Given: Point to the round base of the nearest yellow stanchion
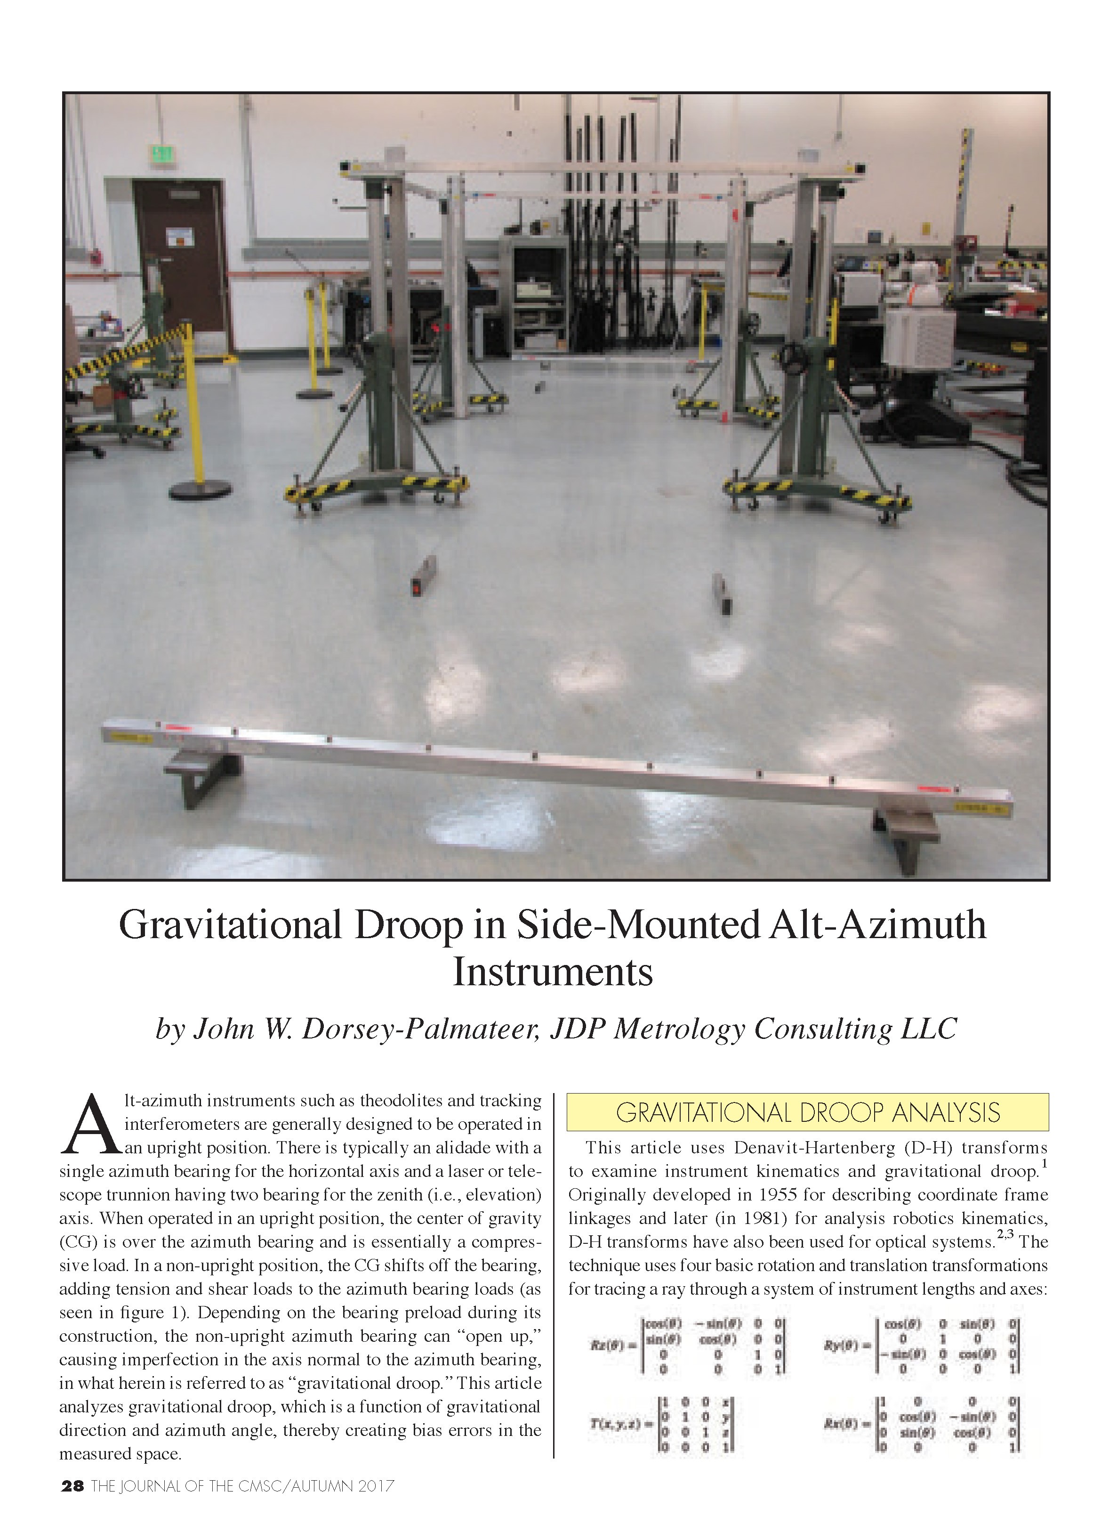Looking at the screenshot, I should click(200, 488).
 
